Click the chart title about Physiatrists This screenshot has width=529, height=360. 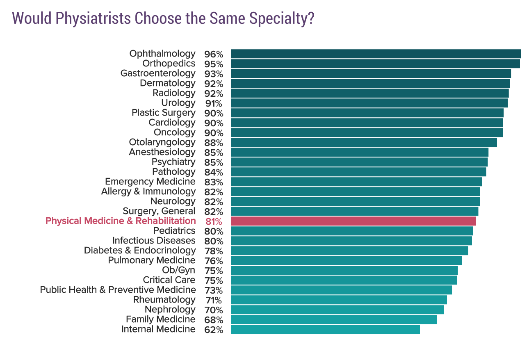tap(163, 18)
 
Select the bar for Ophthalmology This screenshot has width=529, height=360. tap(375, 54)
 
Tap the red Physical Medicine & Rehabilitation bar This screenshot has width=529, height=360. tap(353, 221)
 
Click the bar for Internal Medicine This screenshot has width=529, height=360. tap(325, 329)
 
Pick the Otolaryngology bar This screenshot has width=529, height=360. tap(364, 142)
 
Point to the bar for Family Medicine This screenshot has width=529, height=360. tap(334, 319)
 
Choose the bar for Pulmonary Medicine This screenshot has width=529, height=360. tap(346, 260)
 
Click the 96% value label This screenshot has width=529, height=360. tap(214, 54)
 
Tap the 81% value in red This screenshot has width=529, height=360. tap(214, 221)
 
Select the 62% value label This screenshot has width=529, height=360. tap(214, 330)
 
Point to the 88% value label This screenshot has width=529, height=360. tap(214, 143)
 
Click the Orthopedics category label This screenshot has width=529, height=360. tap(169, 64)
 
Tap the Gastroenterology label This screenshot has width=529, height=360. tap(158, 73)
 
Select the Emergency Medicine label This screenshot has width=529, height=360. tap(150, 182)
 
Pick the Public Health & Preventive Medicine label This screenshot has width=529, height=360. tap(118, 290)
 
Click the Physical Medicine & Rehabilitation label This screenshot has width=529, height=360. tap(121, 221)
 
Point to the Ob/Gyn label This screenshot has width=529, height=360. tap(179, 270)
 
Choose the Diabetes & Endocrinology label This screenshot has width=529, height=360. tap(140, 251)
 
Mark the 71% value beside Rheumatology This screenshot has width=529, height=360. tap(214, 300)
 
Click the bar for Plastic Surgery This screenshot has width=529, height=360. tap(367, 113)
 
